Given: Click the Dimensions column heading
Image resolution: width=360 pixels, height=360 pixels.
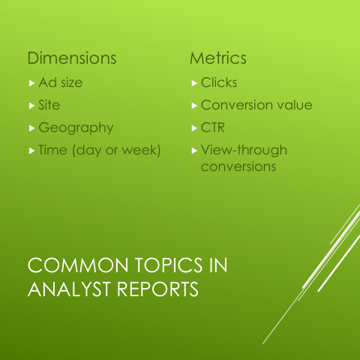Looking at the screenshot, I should pyautogui.click(x=72, y=58).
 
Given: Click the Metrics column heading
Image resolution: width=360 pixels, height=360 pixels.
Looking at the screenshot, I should pyautogui.click(x=218, y=58).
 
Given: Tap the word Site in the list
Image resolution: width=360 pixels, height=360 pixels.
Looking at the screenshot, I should pyautogui.click(x=49, y=105).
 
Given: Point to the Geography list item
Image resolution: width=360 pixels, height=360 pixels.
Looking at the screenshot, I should pyautogui.click(x=76, y=127).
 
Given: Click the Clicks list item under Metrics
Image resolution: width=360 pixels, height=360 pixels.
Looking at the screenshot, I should pyautogui.click(x=219, y=82).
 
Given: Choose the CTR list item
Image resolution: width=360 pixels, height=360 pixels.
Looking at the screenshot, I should pyautogui.click(x=213, y=127).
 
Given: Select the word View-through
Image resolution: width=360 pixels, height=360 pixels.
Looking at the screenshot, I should pyautogui.click(x=244, y=150).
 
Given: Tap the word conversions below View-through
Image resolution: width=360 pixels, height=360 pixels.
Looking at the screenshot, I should pyautogui.click(x=238, y=166).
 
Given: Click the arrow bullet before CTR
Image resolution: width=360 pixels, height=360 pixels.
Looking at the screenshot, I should pyautogui.click(x=194, y=127).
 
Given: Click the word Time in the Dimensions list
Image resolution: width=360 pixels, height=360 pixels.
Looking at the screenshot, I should pyautogui.click(x=53, y=150).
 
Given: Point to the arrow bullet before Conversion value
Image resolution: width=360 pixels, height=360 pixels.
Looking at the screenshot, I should pyautogui.click(x=194, y=105).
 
